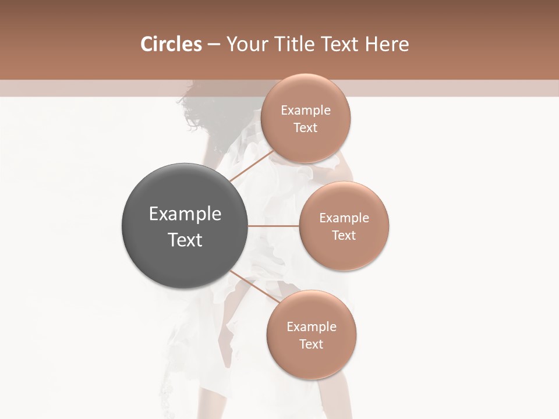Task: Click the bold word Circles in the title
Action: pyautogui.click(x=171, y=44)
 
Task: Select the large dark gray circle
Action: pyautogui.click(x=185, y=226)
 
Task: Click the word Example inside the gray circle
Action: pyautogui.click(x=185, y=214)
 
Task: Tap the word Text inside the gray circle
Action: pyautogui.click(x=185, y=240)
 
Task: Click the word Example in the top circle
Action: pyautogui.click(x=305, y=111)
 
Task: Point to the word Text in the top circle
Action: pyautogui.click(x=305, y=128)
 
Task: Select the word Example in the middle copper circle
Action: pyautogui.click(x=344, y=218)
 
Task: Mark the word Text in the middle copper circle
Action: pyautogui.click(x=344, y=236)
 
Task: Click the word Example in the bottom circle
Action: pyautogui.click(x=311, y=327)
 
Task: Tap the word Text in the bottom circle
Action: pyautogui.click(x=311, y=345)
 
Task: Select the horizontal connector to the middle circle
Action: pyautogui.click(x=274, y=226)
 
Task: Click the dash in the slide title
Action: pyautogui.click(x=214, y=45)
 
